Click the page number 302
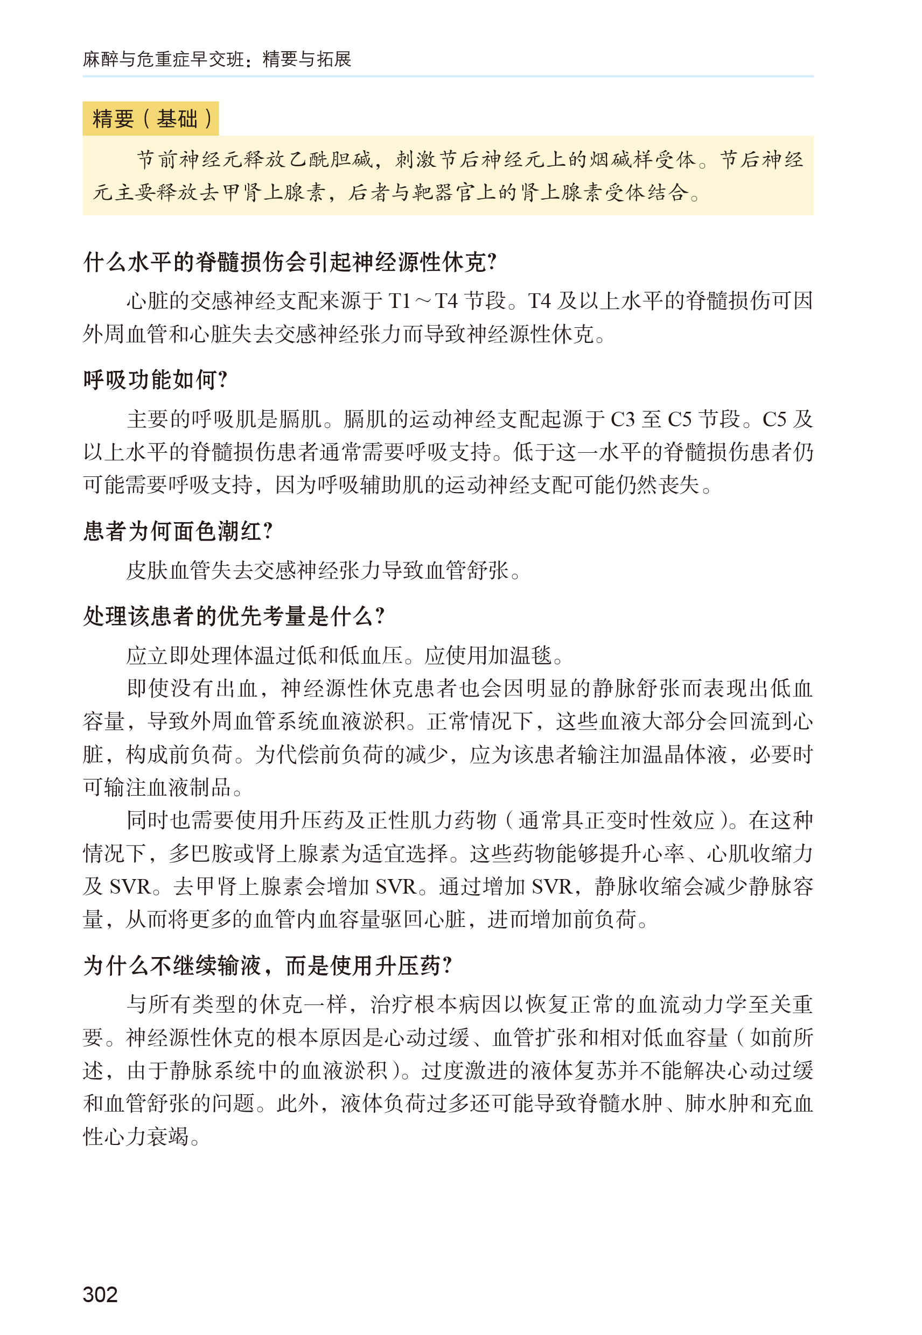(x=100, y=1294)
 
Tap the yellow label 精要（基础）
(x=151, y=119)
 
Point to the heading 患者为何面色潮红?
(x=178, y=531)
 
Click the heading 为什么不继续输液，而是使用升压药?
(x=268, y=965)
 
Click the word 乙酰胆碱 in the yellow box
(x=331, y=160)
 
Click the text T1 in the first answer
(x=399, y=301)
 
